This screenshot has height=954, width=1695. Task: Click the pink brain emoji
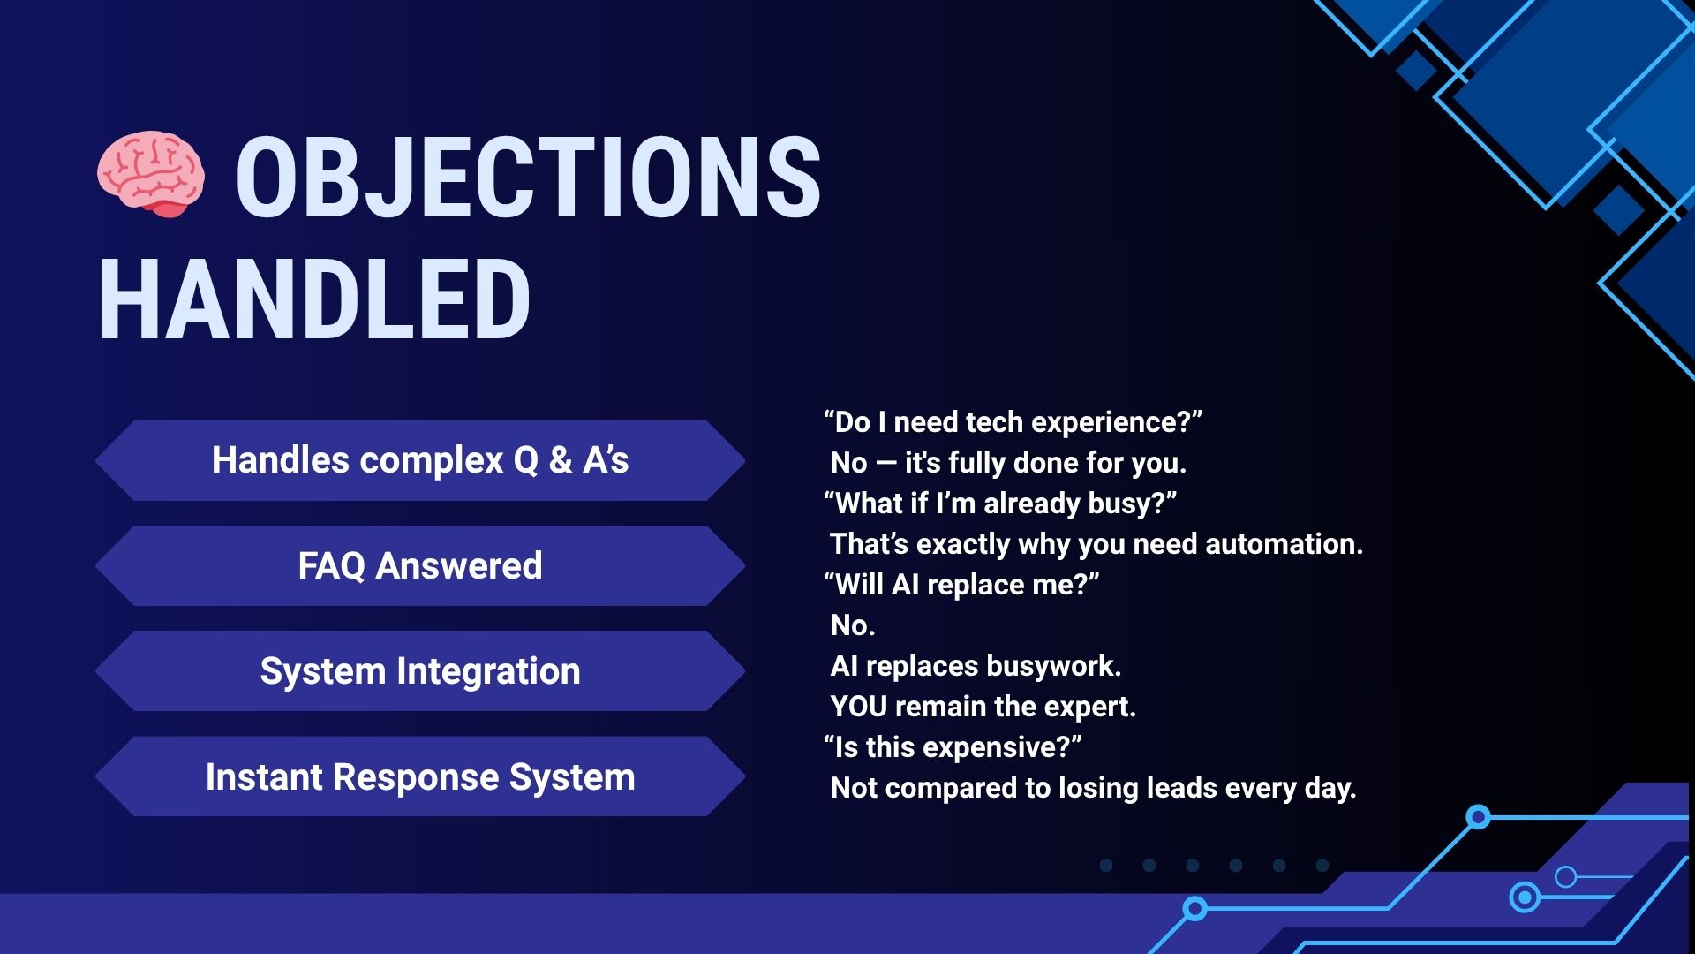151,174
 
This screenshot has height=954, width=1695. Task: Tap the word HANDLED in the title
314,299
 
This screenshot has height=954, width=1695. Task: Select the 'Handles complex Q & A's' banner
420,460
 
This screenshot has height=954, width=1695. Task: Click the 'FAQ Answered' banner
420,565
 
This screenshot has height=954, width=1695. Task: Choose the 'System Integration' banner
420,670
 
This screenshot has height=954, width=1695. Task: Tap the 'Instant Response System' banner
420,776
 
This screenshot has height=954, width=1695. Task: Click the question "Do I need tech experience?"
1013,422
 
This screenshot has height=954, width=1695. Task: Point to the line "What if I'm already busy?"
1000,503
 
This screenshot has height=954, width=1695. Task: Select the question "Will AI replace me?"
961,585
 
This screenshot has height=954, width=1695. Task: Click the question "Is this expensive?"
953,747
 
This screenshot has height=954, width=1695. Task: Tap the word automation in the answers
1284,544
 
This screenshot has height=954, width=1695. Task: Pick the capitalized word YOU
859,707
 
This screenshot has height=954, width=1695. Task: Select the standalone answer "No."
853,625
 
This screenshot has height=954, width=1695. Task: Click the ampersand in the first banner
561,460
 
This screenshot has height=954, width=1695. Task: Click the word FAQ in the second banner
331,566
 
